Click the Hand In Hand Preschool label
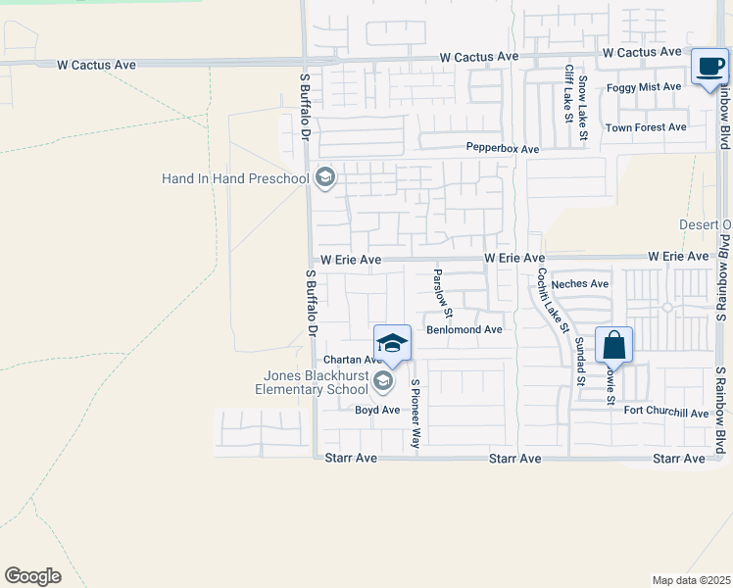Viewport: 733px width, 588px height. coord(235,178)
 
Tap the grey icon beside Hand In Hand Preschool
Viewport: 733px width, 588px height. coord(326,177)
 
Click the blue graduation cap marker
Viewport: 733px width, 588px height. coord(392,342)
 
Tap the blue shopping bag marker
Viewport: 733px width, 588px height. coord(613,345)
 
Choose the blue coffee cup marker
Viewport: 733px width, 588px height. coord(709,67)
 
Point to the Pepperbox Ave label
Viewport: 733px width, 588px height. coord(503,149)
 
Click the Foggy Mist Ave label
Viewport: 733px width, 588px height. coord(644,87)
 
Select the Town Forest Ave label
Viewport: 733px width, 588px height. coord(646,127)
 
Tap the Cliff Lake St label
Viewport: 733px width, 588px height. coord(568,94)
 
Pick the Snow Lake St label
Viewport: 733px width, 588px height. coord(582,99)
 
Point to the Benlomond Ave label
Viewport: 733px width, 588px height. coord(464,329)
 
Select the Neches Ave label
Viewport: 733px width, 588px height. coord(580,284)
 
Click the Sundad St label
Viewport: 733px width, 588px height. coord(580,360)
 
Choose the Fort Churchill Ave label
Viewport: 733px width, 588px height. coord(665,413)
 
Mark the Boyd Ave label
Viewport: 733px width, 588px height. coord(377,410)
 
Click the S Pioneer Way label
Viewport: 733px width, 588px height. coord(415,415)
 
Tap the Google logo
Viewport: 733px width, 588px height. coord(32,576)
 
